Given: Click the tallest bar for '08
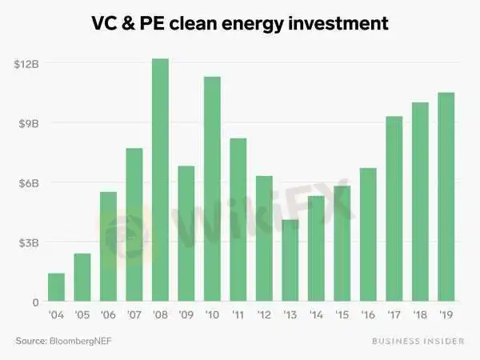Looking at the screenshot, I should coord(160,180).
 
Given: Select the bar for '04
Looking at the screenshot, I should coord(56,287).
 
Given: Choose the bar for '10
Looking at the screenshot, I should coord(212,189).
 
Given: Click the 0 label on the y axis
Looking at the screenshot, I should coord(35,302).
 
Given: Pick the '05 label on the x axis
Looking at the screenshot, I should coord(82,315).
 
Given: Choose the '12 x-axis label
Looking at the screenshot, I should coord(264,315).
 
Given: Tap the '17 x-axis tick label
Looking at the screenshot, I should coord(394,315).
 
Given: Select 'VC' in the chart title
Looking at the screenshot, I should coord(105,24).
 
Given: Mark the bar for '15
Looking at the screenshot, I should coord(342,243).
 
